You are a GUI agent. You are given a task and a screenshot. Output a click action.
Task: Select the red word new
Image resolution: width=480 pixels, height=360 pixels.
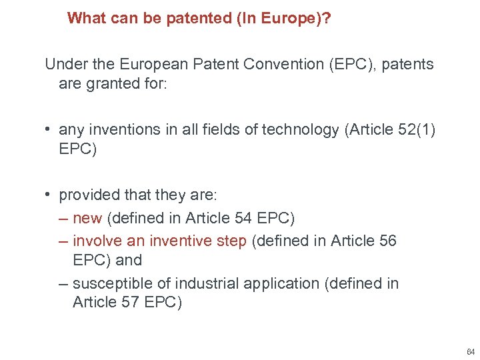(87, 218)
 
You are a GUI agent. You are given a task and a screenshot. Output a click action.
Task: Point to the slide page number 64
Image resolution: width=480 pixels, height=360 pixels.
(471, 351)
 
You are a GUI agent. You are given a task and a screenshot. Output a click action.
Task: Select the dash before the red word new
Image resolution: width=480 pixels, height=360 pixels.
(63, 218)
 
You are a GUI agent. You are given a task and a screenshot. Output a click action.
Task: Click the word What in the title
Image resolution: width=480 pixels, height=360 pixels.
(83, 17)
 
